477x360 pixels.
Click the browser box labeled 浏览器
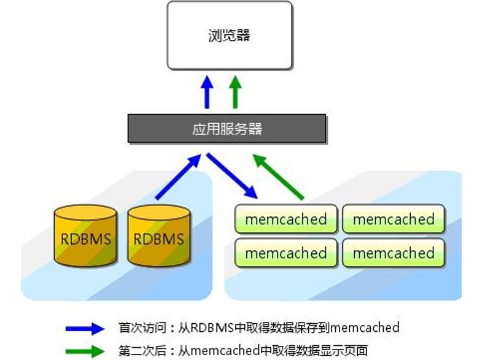click(x=230, y=35)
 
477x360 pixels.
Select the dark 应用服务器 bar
click(x=227, y=128)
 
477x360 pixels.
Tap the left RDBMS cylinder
click(x=85, y=236)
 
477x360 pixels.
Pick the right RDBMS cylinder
click(x=159, y=236)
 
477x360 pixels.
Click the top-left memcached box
click(x=285, y=219)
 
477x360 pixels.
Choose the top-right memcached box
click(x=394, y=219)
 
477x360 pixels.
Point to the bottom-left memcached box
click(x=285, y=253)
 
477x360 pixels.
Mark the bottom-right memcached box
click(x=394, y=253)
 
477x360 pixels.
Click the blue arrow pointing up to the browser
click(x=207, y=92)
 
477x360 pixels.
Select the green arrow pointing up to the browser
click(x=235, y=92)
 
